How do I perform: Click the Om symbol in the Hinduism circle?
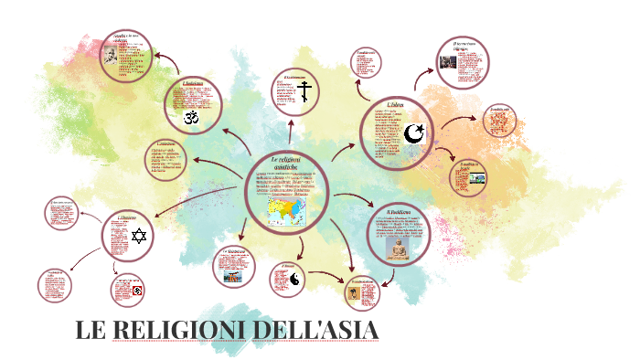click(192, 117)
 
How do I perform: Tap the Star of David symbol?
click(140, 238)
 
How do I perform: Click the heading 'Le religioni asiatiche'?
click(286, 164)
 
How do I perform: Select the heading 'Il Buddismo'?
click(399, 213)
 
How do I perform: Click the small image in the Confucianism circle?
click(353, 294)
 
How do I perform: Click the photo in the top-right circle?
click(449, 62)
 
